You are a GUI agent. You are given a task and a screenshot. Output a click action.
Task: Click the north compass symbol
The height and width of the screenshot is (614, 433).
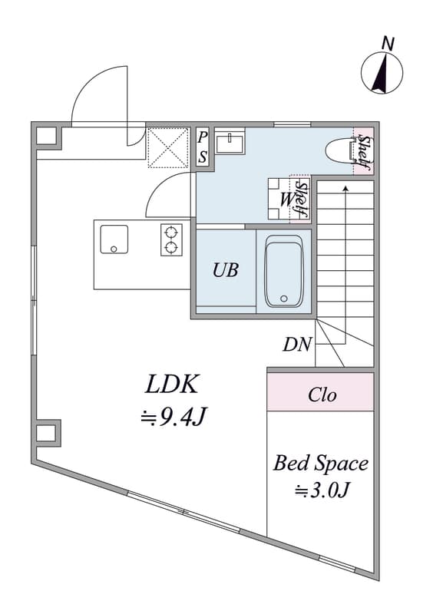point(382,73)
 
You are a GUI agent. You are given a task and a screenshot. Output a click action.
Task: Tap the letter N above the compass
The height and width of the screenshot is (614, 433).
point(388,43)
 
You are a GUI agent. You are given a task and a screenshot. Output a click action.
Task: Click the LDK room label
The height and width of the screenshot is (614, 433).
point(171,385)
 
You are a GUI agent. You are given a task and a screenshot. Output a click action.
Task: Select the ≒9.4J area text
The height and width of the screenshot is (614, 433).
point(173,418)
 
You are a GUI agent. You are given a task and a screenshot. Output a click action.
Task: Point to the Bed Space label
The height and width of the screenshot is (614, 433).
point(321,464)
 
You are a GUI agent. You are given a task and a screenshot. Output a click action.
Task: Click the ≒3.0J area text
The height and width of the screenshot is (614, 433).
point(322,490)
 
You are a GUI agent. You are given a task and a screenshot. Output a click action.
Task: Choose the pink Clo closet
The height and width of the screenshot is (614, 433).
point(321,391)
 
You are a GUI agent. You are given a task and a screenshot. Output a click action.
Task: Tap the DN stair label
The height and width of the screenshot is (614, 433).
point(297,345)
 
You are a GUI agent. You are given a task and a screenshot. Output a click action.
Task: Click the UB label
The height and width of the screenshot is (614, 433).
point(225,270)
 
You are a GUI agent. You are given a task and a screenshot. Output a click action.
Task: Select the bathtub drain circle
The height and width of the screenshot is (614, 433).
point(284,299)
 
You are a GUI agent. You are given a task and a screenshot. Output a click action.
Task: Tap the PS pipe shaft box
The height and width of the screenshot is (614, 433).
point(203,148)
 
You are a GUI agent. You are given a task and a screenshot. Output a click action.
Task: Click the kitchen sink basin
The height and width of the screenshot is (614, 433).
point(114,239)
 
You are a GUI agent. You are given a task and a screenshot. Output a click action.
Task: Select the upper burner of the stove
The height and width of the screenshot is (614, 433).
point(171,233)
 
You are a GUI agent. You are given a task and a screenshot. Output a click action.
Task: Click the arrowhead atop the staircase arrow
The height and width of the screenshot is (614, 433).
point(345,188)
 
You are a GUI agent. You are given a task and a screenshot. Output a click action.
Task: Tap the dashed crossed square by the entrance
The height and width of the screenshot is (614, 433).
point(169,148)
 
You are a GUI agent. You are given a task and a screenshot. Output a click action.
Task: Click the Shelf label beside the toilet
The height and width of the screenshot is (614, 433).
point(365,153)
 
